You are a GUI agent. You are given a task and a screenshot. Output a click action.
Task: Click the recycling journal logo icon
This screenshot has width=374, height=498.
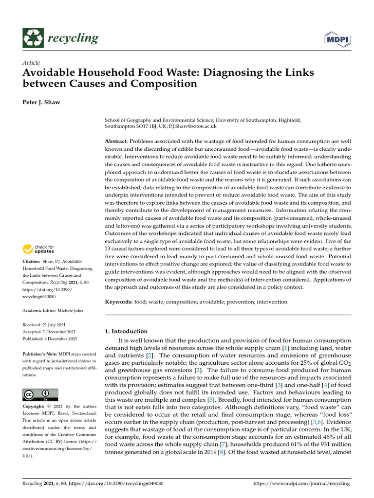click(x=33, y=38)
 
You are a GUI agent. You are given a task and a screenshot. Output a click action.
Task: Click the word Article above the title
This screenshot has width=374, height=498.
click(x=31, y=63)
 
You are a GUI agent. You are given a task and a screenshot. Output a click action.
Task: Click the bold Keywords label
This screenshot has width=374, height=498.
click(x=119, y=302)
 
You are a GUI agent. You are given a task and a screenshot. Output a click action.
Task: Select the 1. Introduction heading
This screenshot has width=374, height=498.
click(x=127, y=331)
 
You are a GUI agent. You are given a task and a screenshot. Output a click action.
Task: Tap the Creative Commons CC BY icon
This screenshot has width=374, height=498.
click(x=40, y=394)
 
